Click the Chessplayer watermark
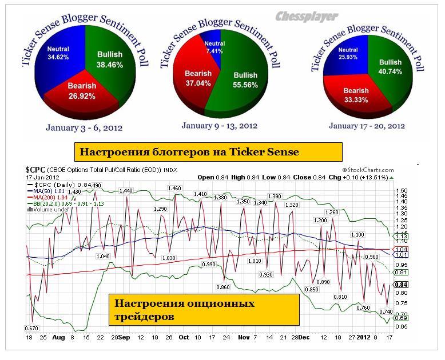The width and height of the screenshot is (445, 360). click(x=307, y=17)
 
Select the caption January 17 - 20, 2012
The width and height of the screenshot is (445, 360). click(x=366, y=125)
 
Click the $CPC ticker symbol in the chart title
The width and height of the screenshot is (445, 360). click(x=35, y=170)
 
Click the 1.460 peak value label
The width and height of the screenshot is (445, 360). click(x=174, y=188)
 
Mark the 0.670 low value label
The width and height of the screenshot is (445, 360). click(x=31, y=328)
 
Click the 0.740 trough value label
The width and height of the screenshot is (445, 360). click(x=386, y=311)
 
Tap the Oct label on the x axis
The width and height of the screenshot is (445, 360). click(x=184, y=337)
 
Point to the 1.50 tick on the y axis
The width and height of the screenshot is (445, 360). click(x=402, y=190)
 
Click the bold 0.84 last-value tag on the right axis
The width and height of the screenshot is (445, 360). click(x=402, y=285)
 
